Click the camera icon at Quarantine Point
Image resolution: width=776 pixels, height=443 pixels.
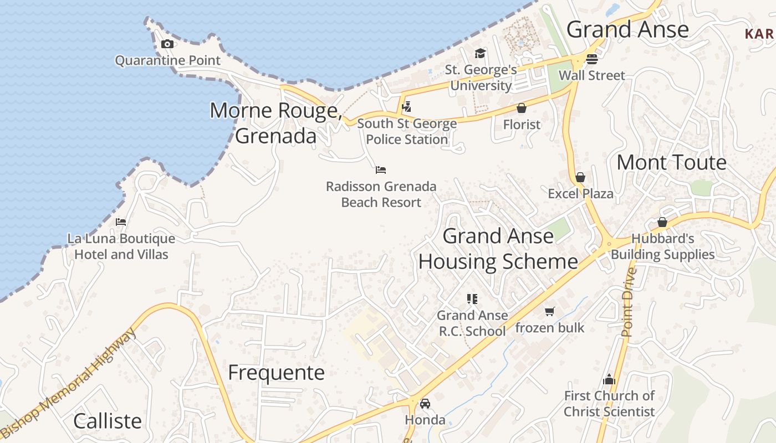pyautogui.click(x=167, y=44)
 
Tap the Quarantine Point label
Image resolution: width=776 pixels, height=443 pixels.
pyautogui.click(x=167, y=60)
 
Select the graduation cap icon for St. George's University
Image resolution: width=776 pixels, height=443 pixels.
pyautogui.click(x=480, y=53)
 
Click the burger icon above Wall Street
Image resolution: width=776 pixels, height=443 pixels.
pyautogui.click(x=591, y=59)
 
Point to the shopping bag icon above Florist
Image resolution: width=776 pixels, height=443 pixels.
pyautogui.click(x=521, y=108)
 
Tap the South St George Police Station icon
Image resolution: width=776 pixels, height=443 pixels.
pyautogui.click(x=407, y=106)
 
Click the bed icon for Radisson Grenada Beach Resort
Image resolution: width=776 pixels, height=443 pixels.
pyautogui.click(x=380, y=170)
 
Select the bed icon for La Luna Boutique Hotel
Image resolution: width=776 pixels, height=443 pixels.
pyautogui.click(x=121, y=222)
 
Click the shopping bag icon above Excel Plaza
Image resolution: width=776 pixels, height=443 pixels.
pyautogui.click(x=580, y=177)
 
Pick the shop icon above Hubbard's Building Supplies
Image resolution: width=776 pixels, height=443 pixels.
pyautogui.click(x=662, y=222)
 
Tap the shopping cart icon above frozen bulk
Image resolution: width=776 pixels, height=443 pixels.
pyautogui.click(x=549, y=311)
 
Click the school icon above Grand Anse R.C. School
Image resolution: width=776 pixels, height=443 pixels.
pyautogui.click(x=472, y=299)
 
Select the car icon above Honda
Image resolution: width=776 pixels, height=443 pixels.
pyautogui.click(x=425, y=404)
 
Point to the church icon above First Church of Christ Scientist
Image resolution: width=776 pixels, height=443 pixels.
pyautogui.click(x=609, y=379)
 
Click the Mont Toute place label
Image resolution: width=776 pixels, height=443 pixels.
pyautogui.click(x=671, y=162)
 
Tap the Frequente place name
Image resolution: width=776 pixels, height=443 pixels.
pyautogui.click(x=276, y=372)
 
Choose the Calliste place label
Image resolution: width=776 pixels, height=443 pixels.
pyautogui.click(x=108, y=421)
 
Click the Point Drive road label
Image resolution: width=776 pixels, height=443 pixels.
pyautogui.click(x=627, y=302)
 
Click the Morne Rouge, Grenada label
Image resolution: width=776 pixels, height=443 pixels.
pyautogui.click(x=275, y=123)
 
